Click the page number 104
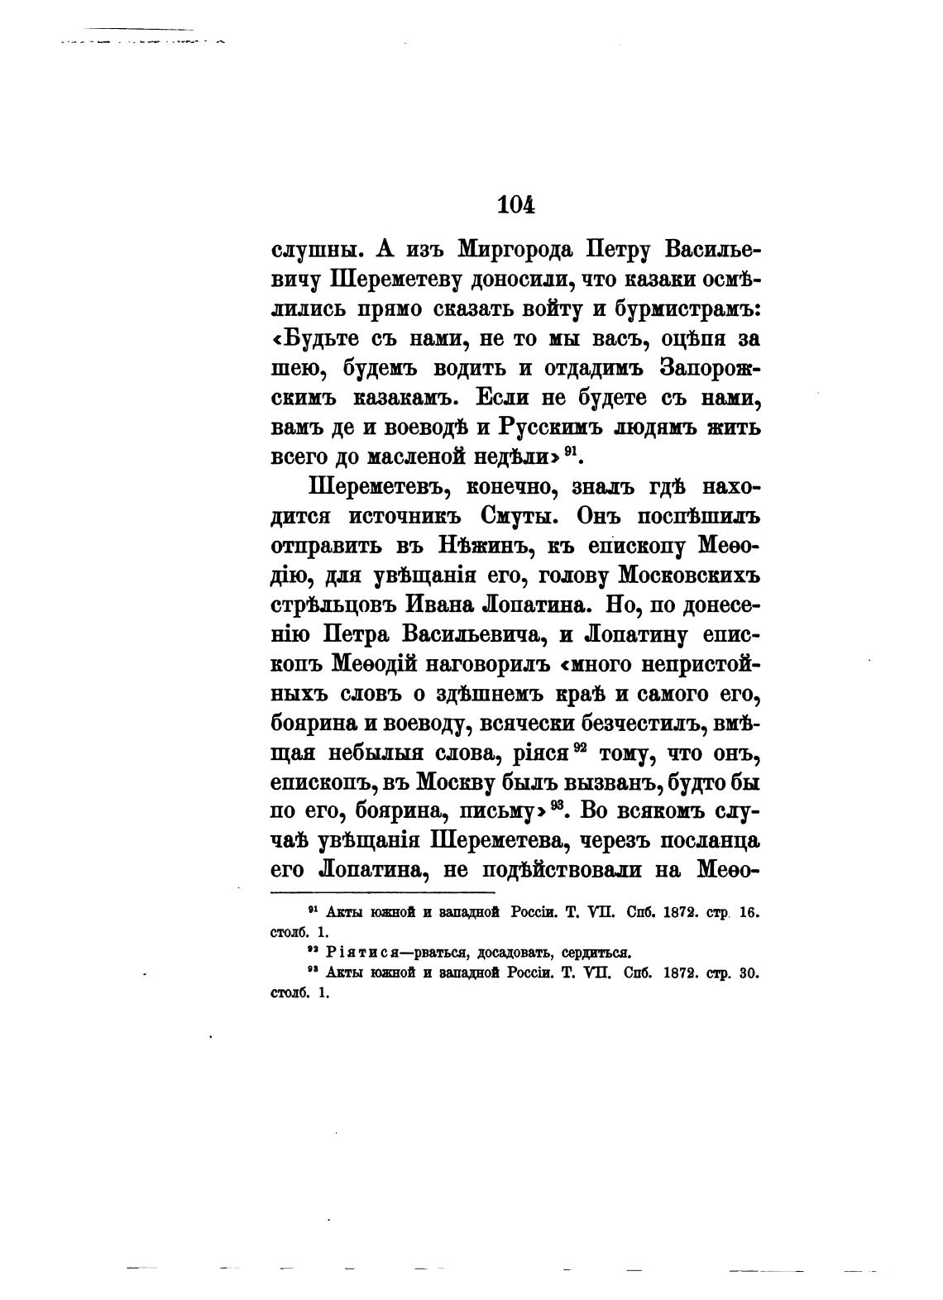[517, 204]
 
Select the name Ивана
[446, 605]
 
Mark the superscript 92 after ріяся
[580, 748]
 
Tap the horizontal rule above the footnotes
[382, 892]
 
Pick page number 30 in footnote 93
[748, 973]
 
